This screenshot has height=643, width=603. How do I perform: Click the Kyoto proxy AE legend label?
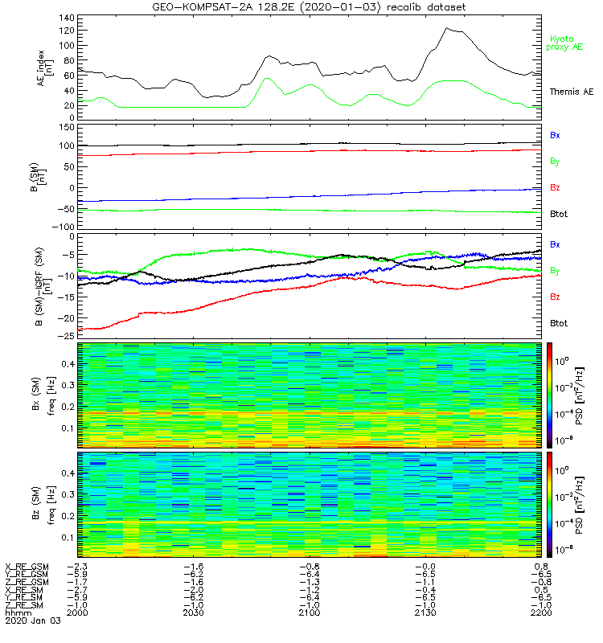coord(567,43)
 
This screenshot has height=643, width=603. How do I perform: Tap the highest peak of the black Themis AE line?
coord(447,28)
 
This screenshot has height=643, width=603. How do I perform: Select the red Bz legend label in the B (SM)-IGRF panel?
coord(555,297)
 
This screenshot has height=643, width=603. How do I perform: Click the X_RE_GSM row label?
coord(27,567)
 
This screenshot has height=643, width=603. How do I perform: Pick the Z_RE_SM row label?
coord(25,604)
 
